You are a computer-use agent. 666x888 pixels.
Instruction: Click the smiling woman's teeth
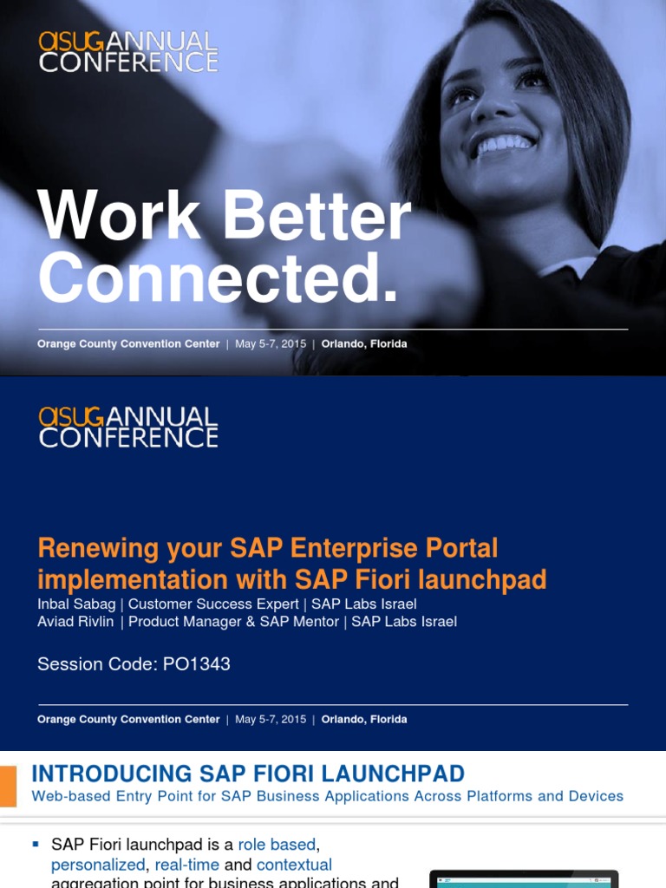[502, 144]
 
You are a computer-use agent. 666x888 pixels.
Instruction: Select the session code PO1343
[197, 664]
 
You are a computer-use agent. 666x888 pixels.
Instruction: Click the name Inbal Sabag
[76, 604]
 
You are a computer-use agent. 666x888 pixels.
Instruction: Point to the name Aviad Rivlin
[75, 622]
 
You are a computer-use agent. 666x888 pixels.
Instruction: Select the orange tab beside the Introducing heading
[8, 786]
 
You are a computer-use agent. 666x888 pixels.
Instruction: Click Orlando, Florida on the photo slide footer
[364, 343]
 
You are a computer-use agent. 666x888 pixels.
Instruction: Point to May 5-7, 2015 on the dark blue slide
[270, 719]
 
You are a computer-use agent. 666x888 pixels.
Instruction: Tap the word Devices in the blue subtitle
[594, 796]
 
